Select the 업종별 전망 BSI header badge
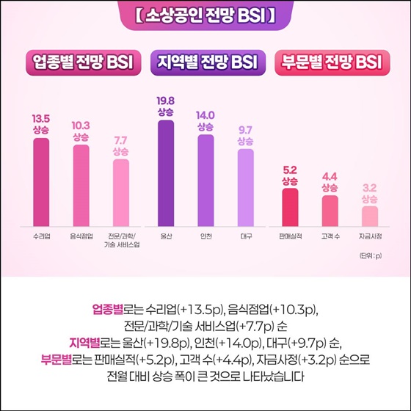click(81, 63)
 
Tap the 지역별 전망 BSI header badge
click(205, 63)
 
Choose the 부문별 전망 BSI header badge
click(330, 63)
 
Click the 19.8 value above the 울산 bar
click(166, 101)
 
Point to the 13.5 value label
click(40, 117)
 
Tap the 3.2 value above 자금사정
click(369, 188)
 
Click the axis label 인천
click(205, 236)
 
